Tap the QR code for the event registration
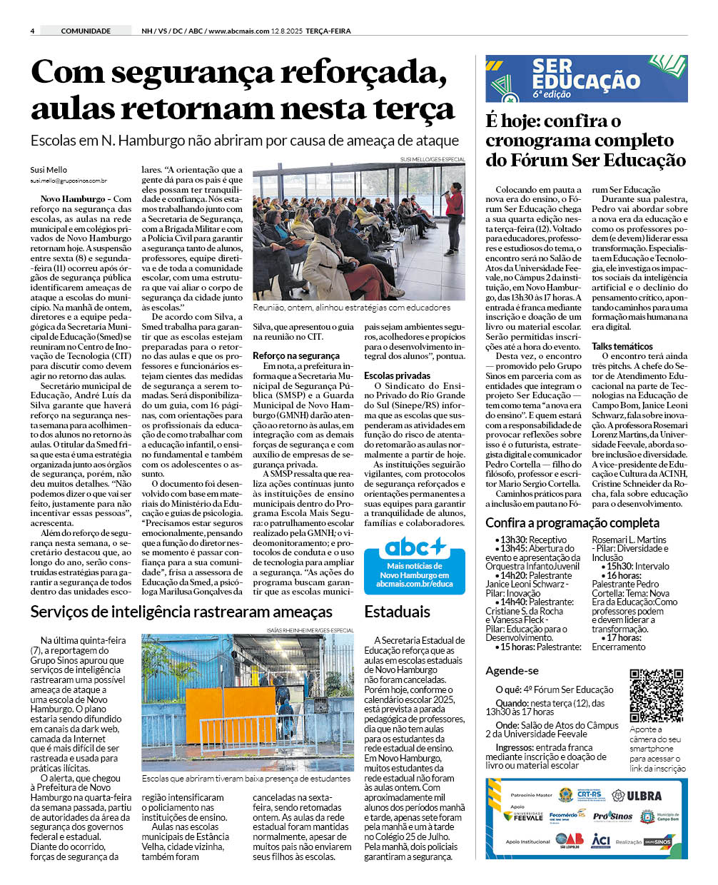click(657, 695)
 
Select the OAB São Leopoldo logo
click(570, 840)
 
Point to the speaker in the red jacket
click(453, 218)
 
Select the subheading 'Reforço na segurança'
click(295, 355)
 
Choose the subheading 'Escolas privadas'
click(397, 375)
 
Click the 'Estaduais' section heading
click(397, 612)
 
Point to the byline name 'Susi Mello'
click(48, 170)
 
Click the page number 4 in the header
click(33, 31)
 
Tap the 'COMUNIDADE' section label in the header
click(86, 31)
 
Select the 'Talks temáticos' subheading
click(622, 346)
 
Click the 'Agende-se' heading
click(512, 671)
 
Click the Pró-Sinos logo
click(612, 816)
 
